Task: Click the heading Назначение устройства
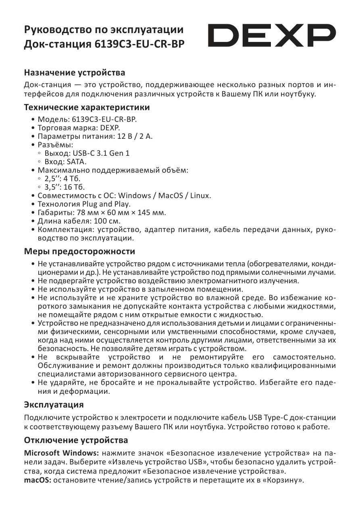75,73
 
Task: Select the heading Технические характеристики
87,108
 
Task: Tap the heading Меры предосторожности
79,251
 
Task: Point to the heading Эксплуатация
54,404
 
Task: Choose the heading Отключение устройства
76,439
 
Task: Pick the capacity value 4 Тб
74,179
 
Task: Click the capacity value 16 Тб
76,187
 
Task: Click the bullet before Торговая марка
33,128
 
